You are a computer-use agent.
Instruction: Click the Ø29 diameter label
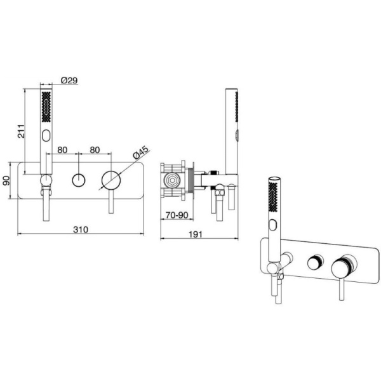(69, 80)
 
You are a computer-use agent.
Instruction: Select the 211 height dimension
(21, 131)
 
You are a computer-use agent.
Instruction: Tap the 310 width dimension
(81, 229)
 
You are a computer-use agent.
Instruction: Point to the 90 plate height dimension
(6, 180)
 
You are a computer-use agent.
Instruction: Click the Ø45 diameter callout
(140, 152)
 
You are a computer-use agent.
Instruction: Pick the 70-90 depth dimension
(177, 215)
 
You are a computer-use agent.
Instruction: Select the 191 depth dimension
(196, 234)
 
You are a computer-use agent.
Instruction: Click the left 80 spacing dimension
(62, 150)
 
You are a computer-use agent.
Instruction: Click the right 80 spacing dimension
(95, 150)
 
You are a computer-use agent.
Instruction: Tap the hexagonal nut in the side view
(171, 180)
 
